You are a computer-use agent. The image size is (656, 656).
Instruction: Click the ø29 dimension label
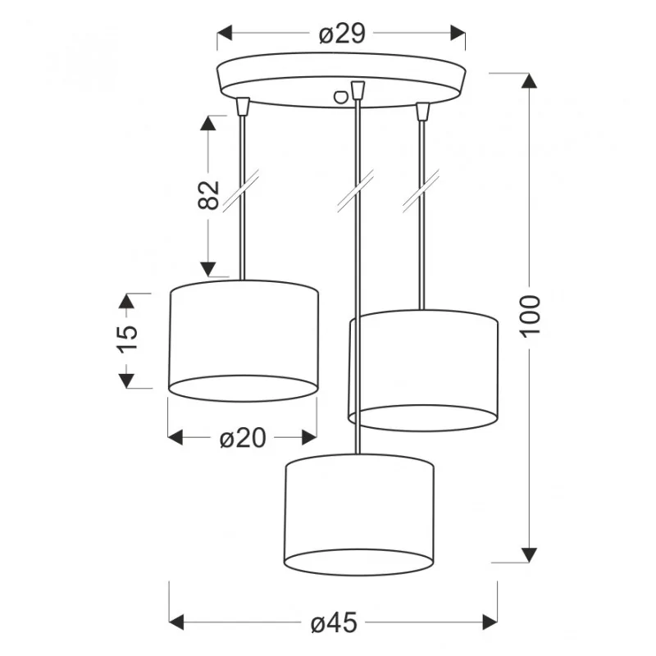pyautogui.click(x=342, y=33)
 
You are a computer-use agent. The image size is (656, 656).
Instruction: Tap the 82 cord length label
pyautogui.click(x=208, y=195)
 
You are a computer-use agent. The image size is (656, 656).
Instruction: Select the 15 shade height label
pyautogui.click(x=128, y=339)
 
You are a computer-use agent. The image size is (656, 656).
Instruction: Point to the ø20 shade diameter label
pyautogui.click(x=243, y=438)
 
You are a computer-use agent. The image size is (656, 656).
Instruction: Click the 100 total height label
pyautogui.click(x=530, y=316)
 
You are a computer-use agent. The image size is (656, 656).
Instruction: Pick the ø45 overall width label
pyautogui.click(x=334, y=622)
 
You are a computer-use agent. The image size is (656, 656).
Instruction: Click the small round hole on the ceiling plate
pyautogui.click(x=340, y=97)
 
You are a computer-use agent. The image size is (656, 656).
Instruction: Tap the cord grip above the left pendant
pyautogui.click(x=243, y=107)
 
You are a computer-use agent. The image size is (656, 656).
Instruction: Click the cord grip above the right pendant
pyautogui.click(x=423, y=112)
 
